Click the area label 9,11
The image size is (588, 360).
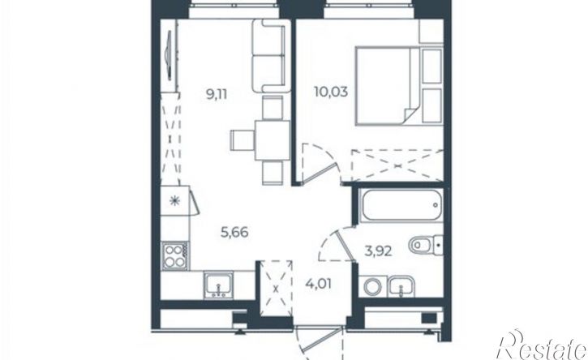pos(217,94)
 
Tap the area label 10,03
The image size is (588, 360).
pos(331,92)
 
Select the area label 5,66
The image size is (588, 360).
pos(234,233)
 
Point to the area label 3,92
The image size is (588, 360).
pos(379,251)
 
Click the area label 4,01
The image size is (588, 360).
pos(319,284)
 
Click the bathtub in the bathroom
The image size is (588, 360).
pos(401,205)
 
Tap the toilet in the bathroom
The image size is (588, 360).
pos(426,245)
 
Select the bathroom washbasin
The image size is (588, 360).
pos(401,287)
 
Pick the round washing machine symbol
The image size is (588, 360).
pos(373,287)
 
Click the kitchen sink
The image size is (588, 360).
pos(218,285)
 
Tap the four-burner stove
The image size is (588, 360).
pos(175,256)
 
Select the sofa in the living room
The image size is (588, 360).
pos(272,56)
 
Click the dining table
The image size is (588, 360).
pos(273,140)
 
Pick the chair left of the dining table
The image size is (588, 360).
pos(242,140)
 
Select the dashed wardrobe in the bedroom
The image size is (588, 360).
pos(398,165)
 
